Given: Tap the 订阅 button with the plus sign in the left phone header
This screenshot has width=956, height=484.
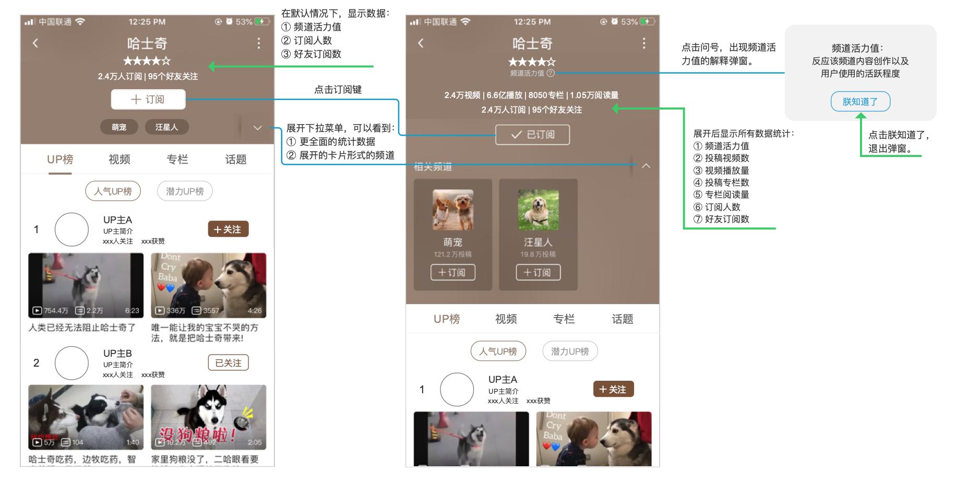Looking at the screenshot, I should tap(148, 99).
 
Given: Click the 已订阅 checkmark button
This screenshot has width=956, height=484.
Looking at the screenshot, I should tap(532, 135).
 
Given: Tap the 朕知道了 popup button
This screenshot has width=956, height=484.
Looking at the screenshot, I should tap(860, 102).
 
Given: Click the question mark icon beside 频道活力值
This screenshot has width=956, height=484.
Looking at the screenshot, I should tap(551, 74).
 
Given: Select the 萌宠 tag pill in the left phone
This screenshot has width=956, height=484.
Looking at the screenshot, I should tap(119, 127).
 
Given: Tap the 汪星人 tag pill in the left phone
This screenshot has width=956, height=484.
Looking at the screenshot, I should tap(166, 127).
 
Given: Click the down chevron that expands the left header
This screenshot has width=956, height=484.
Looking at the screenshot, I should tap(257, 128).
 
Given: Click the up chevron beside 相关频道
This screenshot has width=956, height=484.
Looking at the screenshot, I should tap(646, 166).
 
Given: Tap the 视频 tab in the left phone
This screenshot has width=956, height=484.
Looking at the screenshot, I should tap(119, 160).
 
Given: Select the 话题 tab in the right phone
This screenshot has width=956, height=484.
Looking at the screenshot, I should tap(622, 319).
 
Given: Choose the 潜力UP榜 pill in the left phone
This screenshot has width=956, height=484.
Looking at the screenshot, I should tap(185, 191).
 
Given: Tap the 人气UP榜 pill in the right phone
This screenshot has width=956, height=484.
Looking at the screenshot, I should tap(498, 351).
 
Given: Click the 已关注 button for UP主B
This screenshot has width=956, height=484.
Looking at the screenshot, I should tap(228, 363).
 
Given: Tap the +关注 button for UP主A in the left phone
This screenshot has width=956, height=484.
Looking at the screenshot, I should tap(228, 229).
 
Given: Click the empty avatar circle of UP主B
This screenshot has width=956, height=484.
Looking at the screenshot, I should tap(71, 363).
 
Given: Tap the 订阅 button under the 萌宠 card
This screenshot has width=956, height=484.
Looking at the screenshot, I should tap(452, 272).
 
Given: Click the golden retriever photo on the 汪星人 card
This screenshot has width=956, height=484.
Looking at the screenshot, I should tap(538, 210).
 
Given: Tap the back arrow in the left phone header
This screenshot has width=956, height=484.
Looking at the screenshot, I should tap(35, 43).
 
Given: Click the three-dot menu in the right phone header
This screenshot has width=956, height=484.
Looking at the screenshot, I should tap(644, 43).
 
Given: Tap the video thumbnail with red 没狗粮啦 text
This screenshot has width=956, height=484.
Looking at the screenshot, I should tap(208, 417).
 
